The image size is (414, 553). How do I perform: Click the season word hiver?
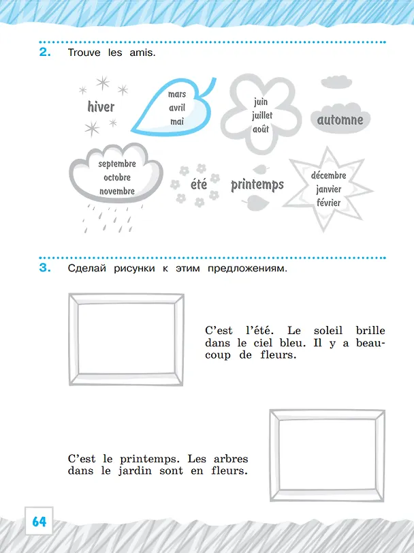coord(101,106)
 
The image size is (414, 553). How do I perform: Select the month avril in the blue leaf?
coord(177,108)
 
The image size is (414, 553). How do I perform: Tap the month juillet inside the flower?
coord(262,116)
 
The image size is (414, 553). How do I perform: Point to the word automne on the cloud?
coord(340,120)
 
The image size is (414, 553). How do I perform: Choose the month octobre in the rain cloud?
coord(117,177)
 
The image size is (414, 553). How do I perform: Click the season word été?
coord(199,183)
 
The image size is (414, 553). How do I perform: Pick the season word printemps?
coord(257,185)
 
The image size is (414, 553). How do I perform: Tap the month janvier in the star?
coord(328,190)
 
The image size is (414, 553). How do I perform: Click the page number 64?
coord(39,521)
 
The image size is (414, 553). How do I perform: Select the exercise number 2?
coord(45,53)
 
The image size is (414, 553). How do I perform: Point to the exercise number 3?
coord(45,268)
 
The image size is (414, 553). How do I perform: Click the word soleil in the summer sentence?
coord(328,331)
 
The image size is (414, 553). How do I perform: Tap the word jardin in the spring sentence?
coord(136,471)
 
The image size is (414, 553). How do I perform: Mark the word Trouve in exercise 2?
coord(84,53)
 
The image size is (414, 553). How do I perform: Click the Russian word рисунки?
coord(134,269)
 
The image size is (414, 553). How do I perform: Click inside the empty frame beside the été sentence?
coord(127,340)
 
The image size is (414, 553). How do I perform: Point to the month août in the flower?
coord(261,129)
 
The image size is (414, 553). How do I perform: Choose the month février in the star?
coord(328,203)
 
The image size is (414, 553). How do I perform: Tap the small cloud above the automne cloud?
coord(336,82)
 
